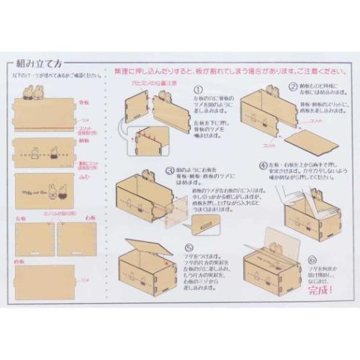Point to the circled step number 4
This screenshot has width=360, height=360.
[264, 165]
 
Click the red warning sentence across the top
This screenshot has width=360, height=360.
[223, 73]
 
